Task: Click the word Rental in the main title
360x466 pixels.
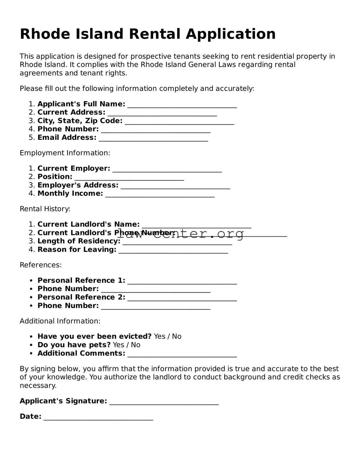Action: (x=154, y=34)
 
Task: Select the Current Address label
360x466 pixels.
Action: (x=71, y=112)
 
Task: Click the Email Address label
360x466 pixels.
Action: (x=67, y=137)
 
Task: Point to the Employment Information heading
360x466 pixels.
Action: (x=65, y=153)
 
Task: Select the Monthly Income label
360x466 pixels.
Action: (x=70, y=193)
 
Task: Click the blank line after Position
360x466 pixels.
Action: (x=129, y=178)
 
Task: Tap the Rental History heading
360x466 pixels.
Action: (x=45, y=209)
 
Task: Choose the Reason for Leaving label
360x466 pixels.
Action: (x=77, y=250)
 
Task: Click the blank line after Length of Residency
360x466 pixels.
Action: (x=177, y=243)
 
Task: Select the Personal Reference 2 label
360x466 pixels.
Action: (x=81, y=297)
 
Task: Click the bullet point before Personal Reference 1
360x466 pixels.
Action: (x=31, y=281)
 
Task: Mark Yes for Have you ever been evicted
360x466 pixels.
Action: (x=159, y=336)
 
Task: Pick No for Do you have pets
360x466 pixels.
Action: (x=135, y=345)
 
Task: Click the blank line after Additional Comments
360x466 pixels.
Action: (x=182, y=355)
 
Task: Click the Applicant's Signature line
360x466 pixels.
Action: (x=164, y=403)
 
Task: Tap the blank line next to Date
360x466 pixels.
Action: (x=98, y=418)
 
